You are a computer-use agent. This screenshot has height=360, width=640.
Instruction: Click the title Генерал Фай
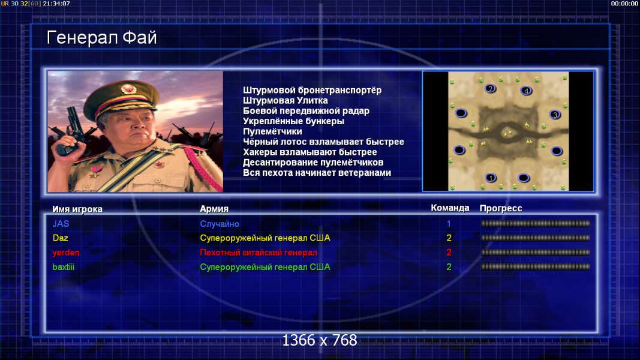[x=101, y=38]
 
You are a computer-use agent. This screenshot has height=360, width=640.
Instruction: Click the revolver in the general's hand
[x=70, y=131]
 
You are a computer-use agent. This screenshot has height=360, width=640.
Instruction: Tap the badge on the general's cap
[x=128, y=89]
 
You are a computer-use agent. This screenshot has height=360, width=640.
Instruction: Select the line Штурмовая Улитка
[x=286, y=100]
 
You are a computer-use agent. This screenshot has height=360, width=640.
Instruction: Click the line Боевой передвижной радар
[x=306, y=111]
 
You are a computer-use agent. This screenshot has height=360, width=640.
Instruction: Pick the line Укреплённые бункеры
[x=293, y=121]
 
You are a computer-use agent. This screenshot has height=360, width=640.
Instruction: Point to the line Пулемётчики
[x=272, y=131]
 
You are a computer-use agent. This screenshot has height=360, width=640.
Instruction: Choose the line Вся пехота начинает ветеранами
[x=317, y=173]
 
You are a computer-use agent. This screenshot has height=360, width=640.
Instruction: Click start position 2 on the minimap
[x=490, y=89]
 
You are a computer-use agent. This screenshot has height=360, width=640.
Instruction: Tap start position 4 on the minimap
[x=526, y=91]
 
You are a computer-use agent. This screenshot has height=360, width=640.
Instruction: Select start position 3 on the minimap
[x=555, y=115]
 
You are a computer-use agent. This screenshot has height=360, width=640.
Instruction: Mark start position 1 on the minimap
[x=491, y=178]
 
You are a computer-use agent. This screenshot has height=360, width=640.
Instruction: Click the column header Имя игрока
[x=77, y=209]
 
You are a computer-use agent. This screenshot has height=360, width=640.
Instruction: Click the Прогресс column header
[x=501, y=208]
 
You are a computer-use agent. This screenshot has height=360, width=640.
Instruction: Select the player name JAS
[x=61, y=224]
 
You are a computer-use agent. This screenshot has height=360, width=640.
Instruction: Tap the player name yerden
[x=66, y=253]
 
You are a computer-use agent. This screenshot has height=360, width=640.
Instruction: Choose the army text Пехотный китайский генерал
[x=259, y=253]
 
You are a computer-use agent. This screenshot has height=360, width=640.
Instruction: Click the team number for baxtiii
[x=449, y=267]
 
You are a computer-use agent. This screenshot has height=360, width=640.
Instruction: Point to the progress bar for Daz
[x=536, y=238]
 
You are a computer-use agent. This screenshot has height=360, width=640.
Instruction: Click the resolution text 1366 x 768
[x=320, y=340]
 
